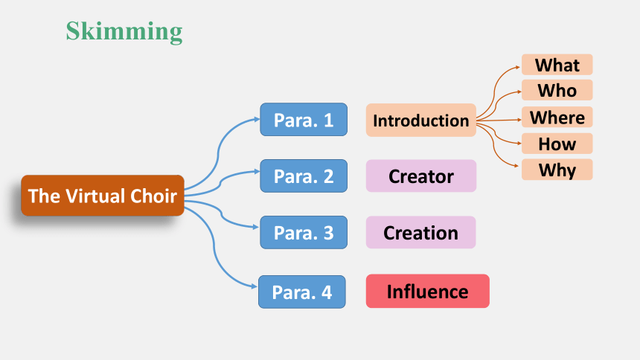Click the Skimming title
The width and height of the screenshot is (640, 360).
pos(124,32)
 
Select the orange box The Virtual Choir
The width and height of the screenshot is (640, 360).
pos(103,196)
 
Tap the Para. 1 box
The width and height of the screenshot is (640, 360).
pos(304,120)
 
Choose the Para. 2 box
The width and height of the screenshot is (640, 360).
pos(304,176)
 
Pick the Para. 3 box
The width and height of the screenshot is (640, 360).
pos(304,232)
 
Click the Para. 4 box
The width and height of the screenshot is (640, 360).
pos(302,292)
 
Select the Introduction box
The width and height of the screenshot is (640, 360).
pos(420,120)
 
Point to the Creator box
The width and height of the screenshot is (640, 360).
pos(420,176)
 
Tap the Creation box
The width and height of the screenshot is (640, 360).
pos(420,232)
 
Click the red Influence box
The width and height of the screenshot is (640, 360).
pos(428,291)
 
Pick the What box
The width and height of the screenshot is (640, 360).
pos(557,65)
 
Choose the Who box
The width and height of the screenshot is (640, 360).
pos(557,90)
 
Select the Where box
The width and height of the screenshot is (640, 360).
pos(557,117)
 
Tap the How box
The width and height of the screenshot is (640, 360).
pos(557,144)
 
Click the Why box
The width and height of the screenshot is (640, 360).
pos(557,170)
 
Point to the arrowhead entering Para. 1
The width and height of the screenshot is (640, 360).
pos(257,119)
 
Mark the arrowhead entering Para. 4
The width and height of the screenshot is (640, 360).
pos(255,286)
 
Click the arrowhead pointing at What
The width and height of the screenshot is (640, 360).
pos(519,67)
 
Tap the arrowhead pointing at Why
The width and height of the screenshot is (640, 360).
pos(516,166)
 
